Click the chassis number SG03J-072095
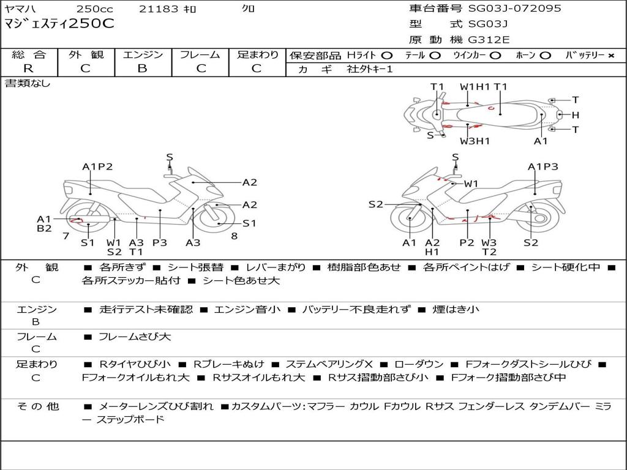(514, 9)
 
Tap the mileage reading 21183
(159, 9)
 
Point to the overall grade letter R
(28, 69)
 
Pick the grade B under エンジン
(142, 69)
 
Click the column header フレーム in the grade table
(200, 54)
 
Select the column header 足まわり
(258, 54)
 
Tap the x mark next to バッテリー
(610, 55)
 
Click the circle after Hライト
(387, 55)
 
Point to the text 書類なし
(28, 83)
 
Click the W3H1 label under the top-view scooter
(475, 141)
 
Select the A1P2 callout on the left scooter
(97, 166)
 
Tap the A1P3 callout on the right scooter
(543, 166)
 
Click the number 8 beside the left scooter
(234, 236)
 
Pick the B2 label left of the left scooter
(44, 229)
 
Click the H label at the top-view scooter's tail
(575, 114)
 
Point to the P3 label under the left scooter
(159, 242)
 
